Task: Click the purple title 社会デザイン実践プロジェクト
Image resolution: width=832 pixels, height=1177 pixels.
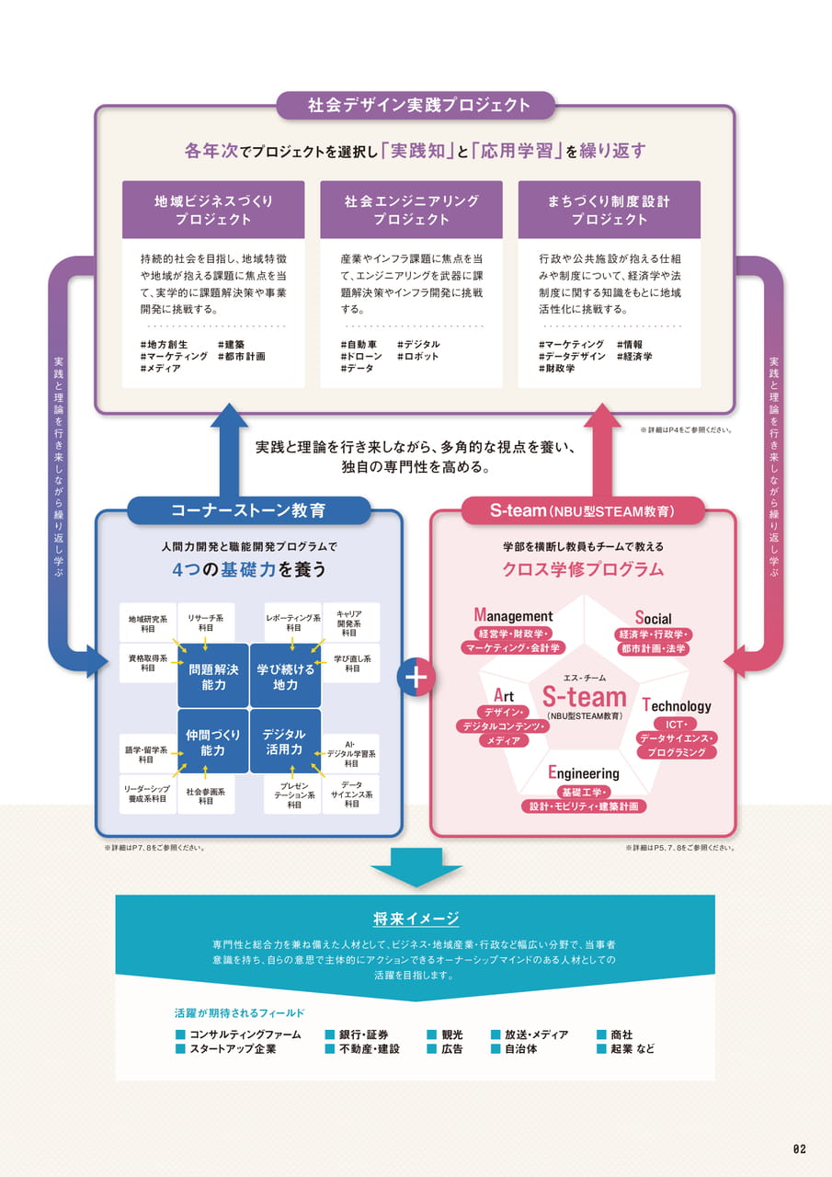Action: (x=418, y=105)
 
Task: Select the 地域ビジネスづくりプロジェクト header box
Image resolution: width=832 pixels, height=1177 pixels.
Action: (x=213, y=210)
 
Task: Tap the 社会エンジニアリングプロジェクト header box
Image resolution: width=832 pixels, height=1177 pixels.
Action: (x=411, y=210)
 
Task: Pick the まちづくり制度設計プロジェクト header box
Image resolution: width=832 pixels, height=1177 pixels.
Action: (x=610, y=210)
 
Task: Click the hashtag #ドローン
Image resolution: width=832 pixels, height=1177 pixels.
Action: (x=361, y=356)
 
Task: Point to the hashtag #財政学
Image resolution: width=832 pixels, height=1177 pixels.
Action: (x=557, y=369)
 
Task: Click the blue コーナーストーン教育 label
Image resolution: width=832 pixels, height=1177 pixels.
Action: (x=248, y=510)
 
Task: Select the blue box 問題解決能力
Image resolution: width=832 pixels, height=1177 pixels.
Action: (x=213, y=676)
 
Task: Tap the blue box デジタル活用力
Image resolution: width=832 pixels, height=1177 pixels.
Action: (x=285, y=741)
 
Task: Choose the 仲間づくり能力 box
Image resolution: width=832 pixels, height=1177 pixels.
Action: (x=213, y=741)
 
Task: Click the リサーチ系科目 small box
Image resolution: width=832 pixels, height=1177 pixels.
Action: (x=206, y=623)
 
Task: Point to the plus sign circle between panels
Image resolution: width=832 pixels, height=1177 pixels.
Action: (x=416, y=677)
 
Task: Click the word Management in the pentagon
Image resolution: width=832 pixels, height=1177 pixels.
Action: (x=513, y=615)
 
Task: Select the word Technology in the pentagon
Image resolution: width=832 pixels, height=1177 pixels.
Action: (x=677, y=705)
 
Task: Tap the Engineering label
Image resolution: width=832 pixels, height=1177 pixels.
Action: (x=584, y=773)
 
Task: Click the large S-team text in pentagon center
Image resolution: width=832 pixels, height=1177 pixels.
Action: (x=585, y=697)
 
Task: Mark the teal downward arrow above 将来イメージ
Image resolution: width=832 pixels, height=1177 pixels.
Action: (x=416, y=867)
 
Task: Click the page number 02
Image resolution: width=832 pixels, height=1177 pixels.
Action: (x=800, y=1149)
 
